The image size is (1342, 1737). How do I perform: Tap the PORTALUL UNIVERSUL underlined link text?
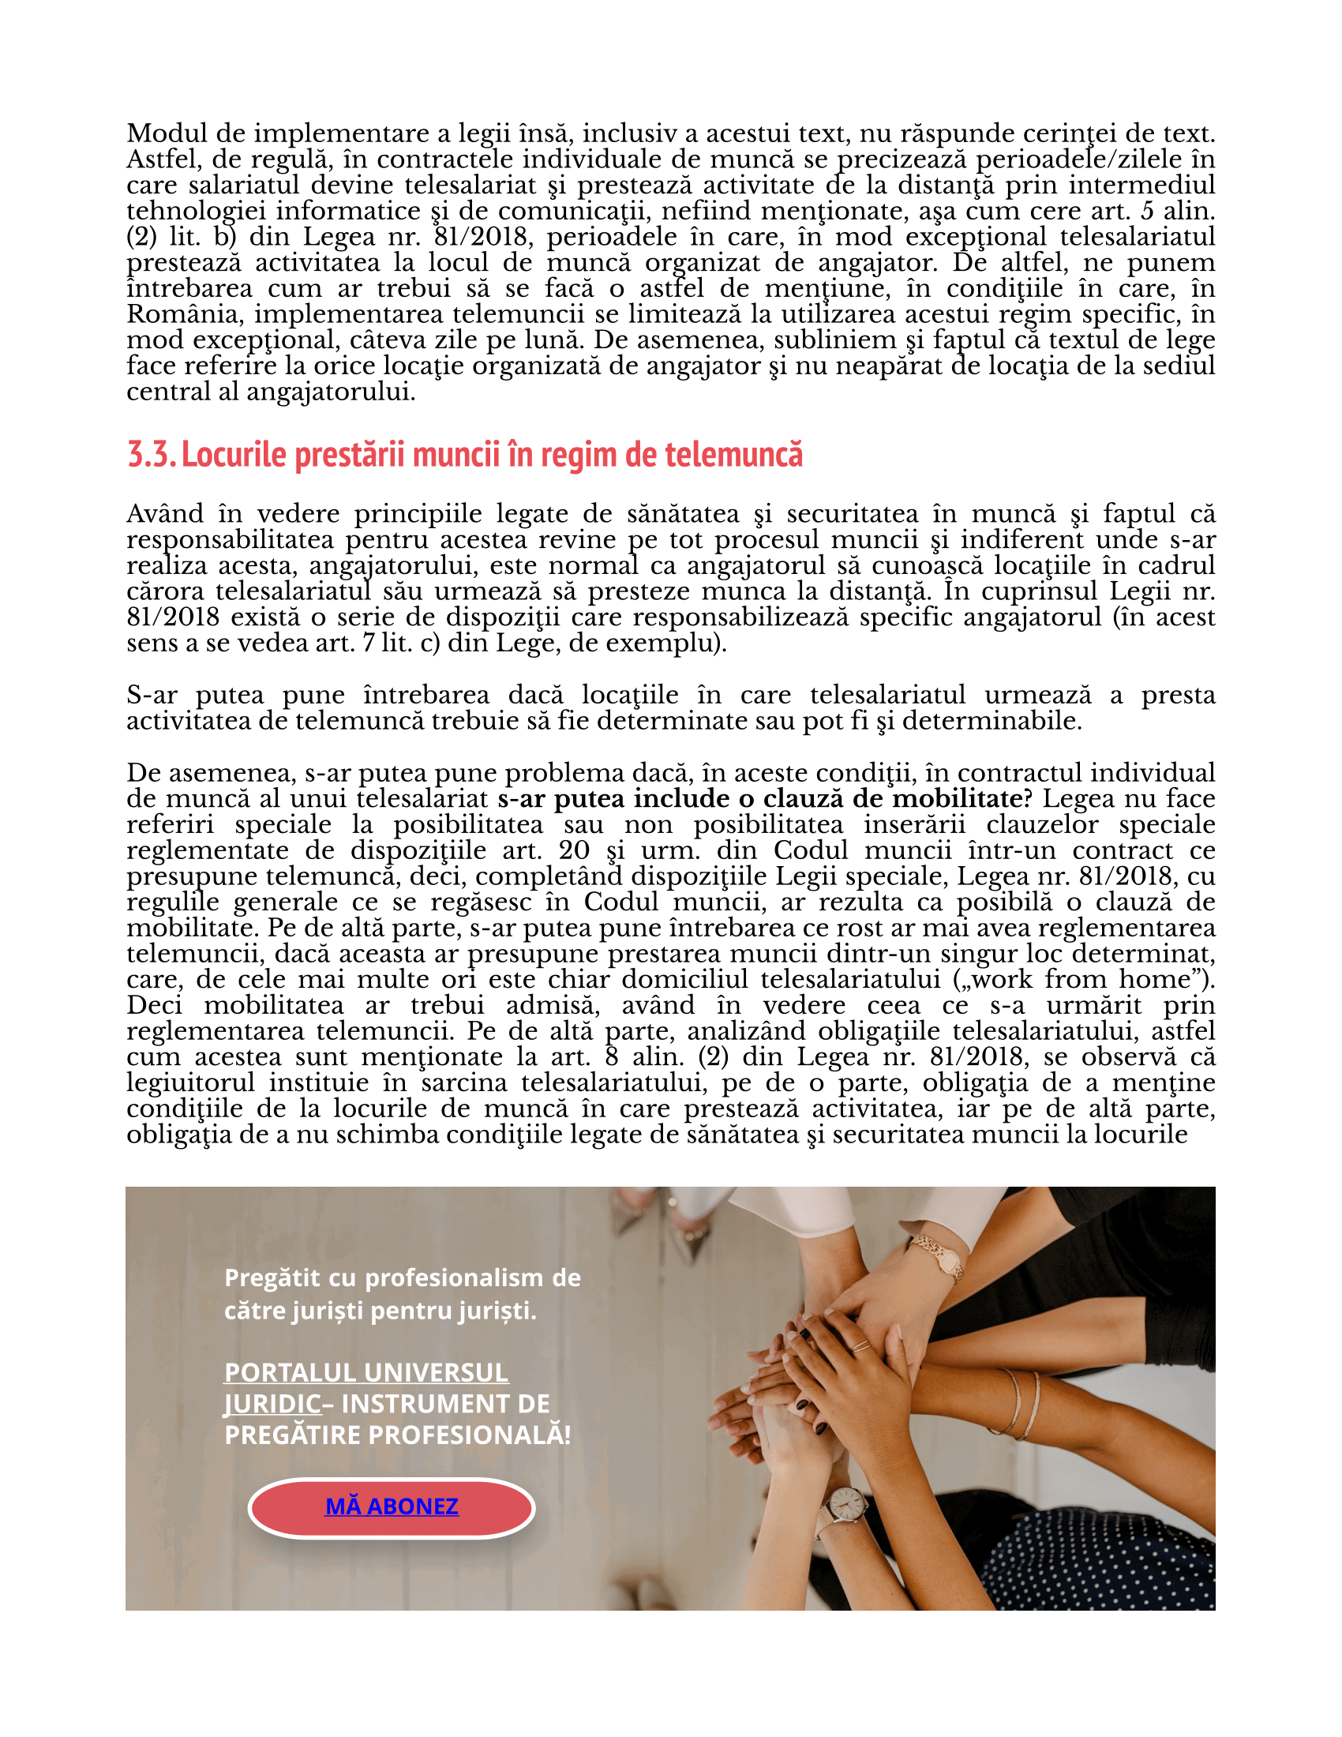pos(365,1373)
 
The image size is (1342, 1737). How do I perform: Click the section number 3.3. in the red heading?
pos(151,455)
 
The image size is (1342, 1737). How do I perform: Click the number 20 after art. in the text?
pos(574,850)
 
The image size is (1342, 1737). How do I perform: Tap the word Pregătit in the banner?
pos(272,1278)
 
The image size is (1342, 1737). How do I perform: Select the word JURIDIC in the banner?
pos(272,1404)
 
